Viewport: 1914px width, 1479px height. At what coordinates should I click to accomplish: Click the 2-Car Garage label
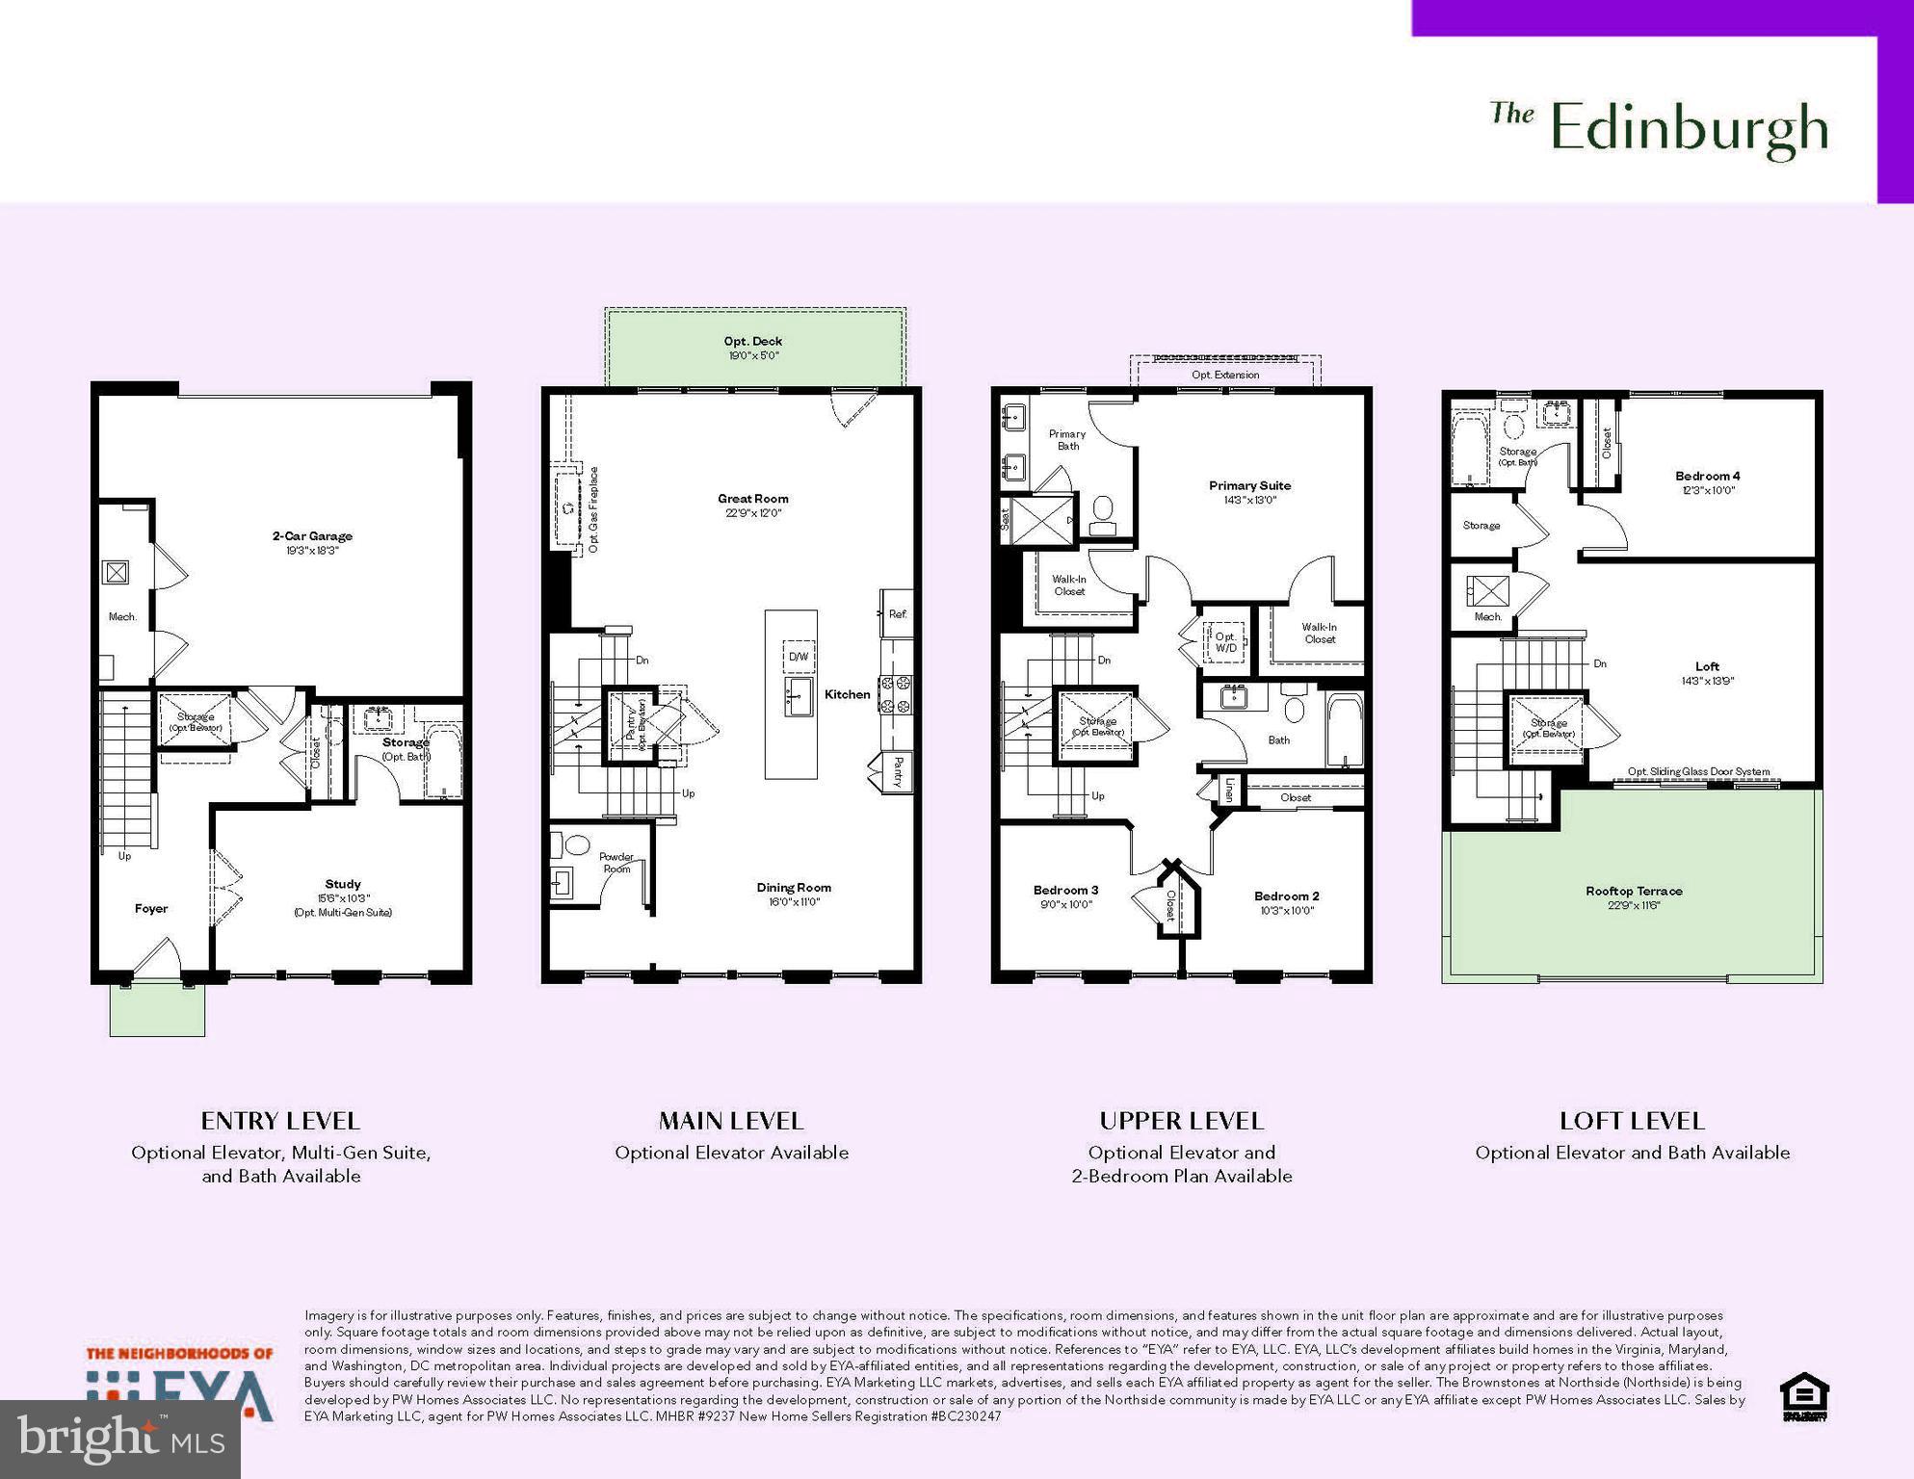pyautogui.click(x=312, y=536)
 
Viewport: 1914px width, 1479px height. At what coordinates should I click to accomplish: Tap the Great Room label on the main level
pyautogui.click(x=752, y=499)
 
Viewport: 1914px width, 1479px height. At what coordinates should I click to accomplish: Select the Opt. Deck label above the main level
pyautogui.click(x=752, y=342)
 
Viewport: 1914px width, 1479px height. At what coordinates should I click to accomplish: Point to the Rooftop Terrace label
pyautogui.click(x=1634, y=892)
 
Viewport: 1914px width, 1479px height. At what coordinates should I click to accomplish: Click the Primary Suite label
pyautogui.click(x=1249, y=486)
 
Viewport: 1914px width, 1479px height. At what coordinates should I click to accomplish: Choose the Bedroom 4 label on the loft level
pyautogui.click(x=1707, y=477)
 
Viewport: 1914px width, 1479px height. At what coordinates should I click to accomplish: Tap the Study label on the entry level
pyautogui.click(x=343, y=884)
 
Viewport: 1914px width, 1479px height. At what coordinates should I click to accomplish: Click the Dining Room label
pyautogui.click(x=794, y=888)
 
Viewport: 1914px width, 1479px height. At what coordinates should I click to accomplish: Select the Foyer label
pyautogui.click(x=151, y=909)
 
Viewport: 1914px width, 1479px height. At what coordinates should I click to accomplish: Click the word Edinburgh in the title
pyautogui.click(x=1690, y=130)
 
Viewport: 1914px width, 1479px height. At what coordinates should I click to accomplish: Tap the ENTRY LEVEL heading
pyautogui.click(x=280, y=1122)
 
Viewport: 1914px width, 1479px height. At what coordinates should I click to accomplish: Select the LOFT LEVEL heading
pyautogui.click(x=1632, y=1122)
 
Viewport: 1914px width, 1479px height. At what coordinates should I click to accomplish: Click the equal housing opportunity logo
pyautogui.click(x=1804, y=1397)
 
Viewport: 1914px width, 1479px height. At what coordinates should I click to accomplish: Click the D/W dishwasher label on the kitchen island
pyautogui.click(x=799, y=657)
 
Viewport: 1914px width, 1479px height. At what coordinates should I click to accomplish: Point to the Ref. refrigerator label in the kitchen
pyautogui.click(x=898, y=614)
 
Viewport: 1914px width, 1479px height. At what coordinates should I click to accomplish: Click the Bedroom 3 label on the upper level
pyautogui.click(x=1065, y=891)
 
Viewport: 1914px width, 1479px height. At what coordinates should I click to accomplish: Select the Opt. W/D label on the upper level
pyautogui.click(x=1225, y=642)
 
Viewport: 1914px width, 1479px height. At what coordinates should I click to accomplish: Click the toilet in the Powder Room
pyautogui.click(x=576, y=845)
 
